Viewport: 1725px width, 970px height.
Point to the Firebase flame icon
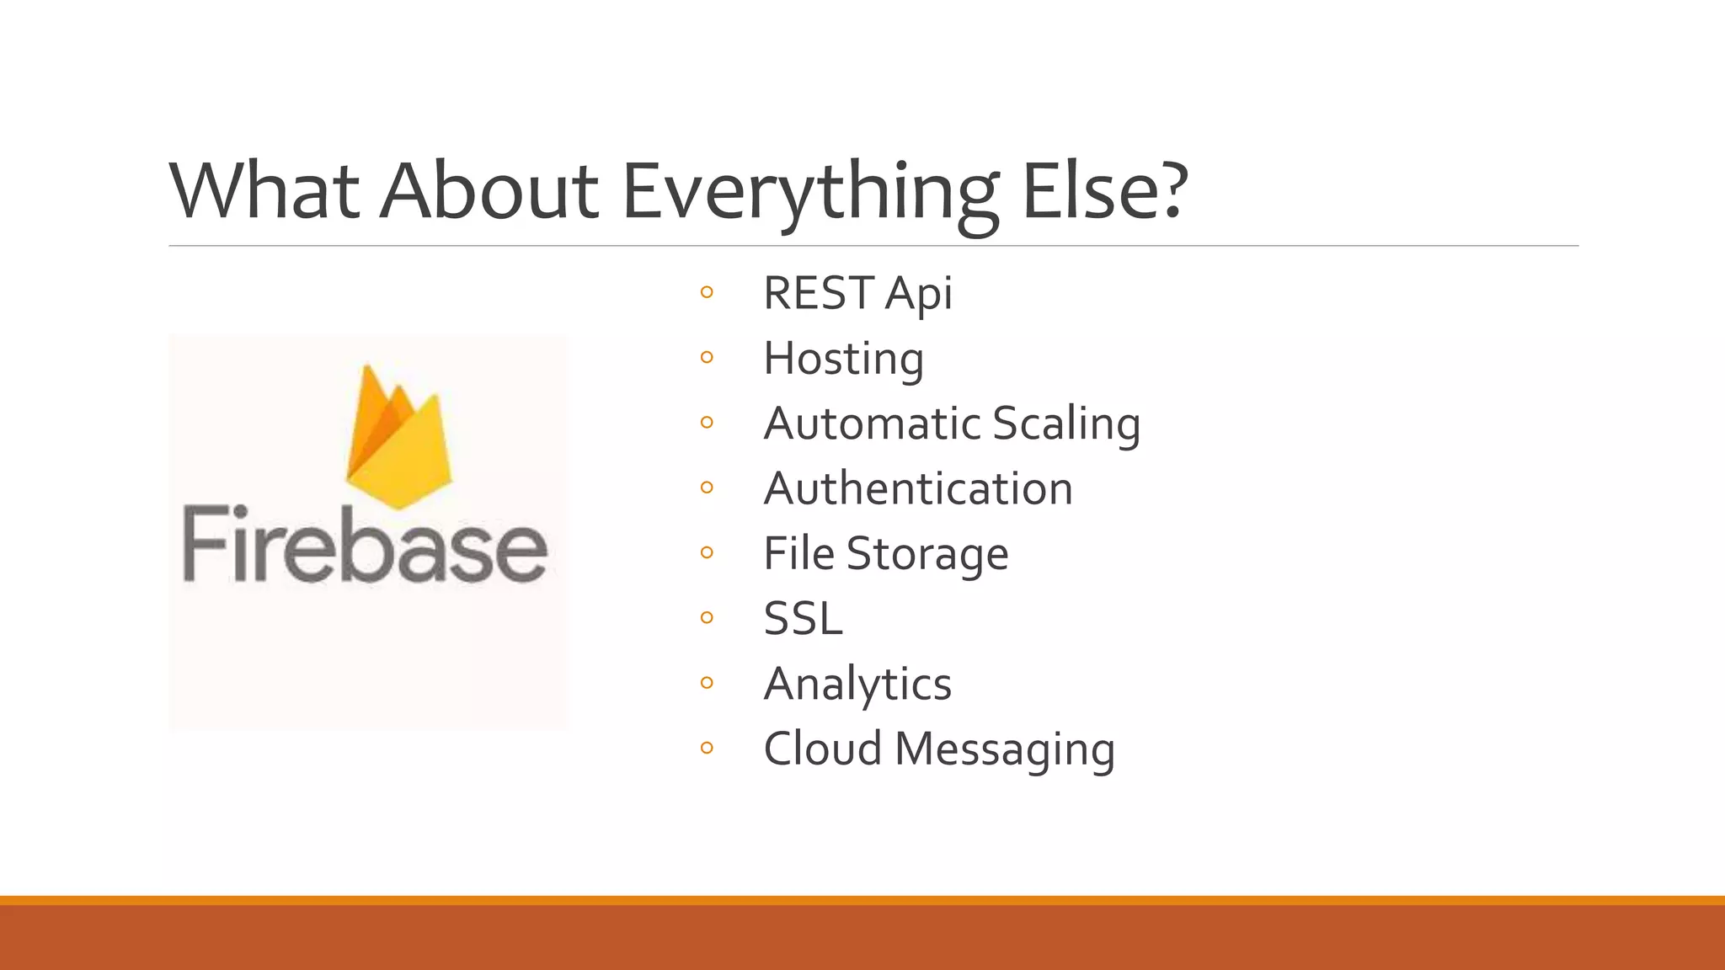coord(398,437)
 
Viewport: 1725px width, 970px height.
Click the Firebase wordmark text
coord(365,545)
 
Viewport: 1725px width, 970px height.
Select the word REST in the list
coord(817,293)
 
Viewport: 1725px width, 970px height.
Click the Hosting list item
coord(843,359)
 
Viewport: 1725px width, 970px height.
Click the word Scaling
coord(1066,424)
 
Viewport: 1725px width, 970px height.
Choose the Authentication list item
coord(918,488)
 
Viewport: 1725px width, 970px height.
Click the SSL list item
coord(803,619)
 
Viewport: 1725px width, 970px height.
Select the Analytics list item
coord(857,684)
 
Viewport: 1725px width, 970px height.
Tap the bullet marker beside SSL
coord(707,618)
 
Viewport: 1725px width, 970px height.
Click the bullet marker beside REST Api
coord(707,293)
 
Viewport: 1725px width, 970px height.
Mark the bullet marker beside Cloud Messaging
coord(707,748)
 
